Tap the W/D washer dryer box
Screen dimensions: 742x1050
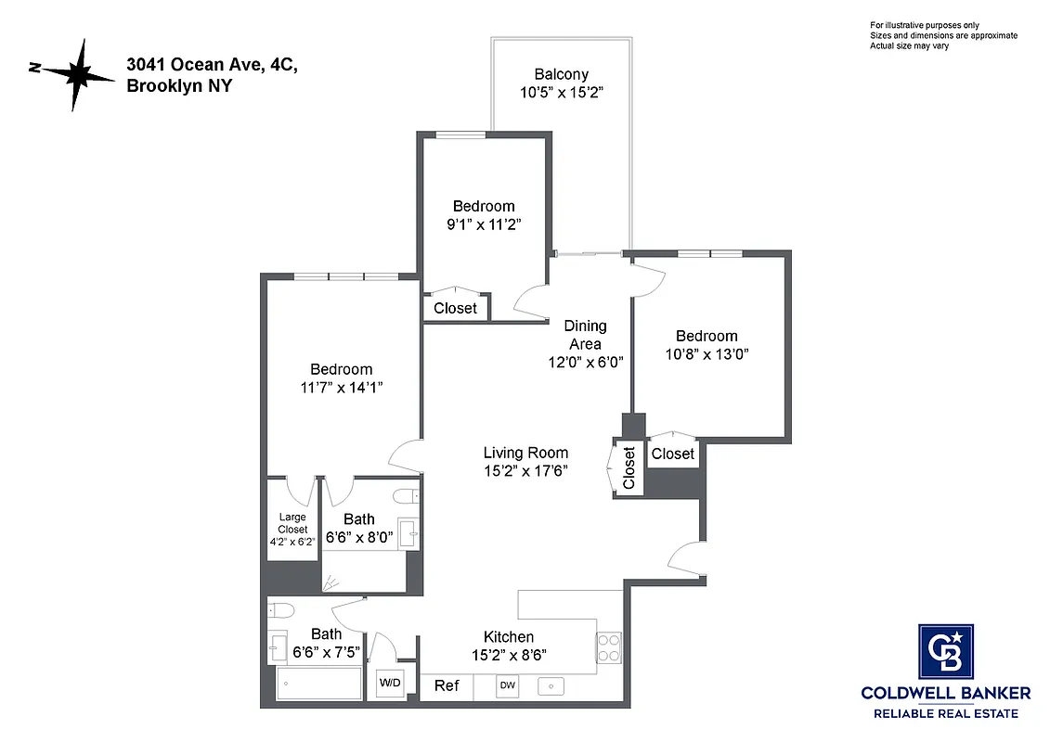pyautogui.click(x=389, y=684)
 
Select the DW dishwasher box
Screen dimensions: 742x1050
pyautogui.click(x=507, y=685)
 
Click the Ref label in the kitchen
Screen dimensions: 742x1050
pyautogui.click(x=447, y=685)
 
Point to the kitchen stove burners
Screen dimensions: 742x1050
pyautogui.click(x=607, y=646)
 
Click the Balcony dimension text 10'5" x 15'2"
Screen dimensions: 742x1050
pyautogui.click(x=561, y=93)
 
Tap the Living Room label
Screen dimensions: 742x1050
pyautogui.click(x=525, y=453)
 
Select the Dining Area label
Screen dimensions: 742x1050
pyautogui.click(x=585, y=335)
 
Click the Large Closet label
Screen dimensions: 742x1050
pyautogui.click(x=292, y=523)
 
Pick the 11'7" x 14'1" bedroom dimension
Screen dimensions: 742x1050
pyautogui.click(x=341, y=388)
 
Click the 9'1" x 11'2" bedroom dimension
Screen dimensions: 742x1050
pyautogui.click(x=483, y=224)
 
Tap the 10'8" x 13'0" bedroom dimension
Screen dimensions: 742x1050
pyautogui.click(x=706, y=353)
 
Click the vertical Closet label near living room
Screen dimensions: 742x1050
pyautogui.click(x=629, y=468)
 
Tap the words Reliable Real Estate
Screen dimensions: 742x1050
pyautogui.click(x=945, y=713)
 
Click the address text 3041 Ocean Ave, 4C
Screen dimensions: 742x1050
pyautogui.click(x=213, y=67)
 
